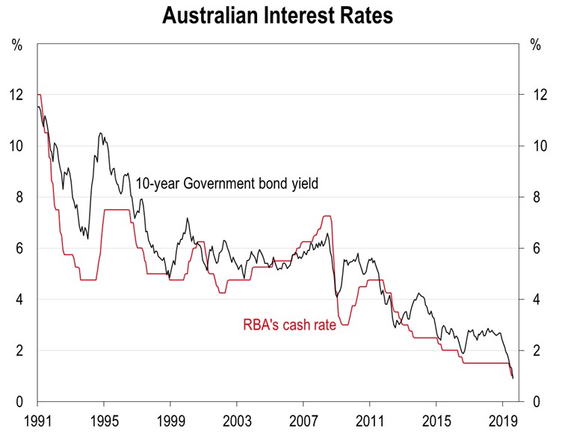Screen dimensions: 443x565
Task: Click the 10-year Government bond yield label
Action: [227, 183]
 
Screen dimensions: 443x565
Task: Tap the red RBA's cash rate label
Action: [289, 325]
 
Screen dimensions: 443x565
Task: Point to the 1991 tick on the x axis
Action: [37, 419]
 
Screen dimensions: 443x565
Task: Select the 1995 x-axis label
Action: [103, 419]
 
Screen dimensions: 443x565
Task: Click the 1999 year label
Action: [170, 419]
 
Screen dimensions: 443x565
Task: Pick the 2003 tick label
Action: [237, 419]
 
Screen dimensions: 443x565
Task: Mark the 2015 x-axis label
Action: [436, 419]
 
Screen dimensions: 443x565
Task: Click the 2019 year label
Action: [503, 419]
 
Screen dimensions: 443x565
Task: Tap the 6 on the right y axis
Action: [534, 248]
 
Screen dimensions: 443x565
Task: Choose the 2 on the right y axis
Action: [534, 350]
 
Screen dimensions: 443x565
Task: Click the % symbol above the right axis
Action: [535, 44]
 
